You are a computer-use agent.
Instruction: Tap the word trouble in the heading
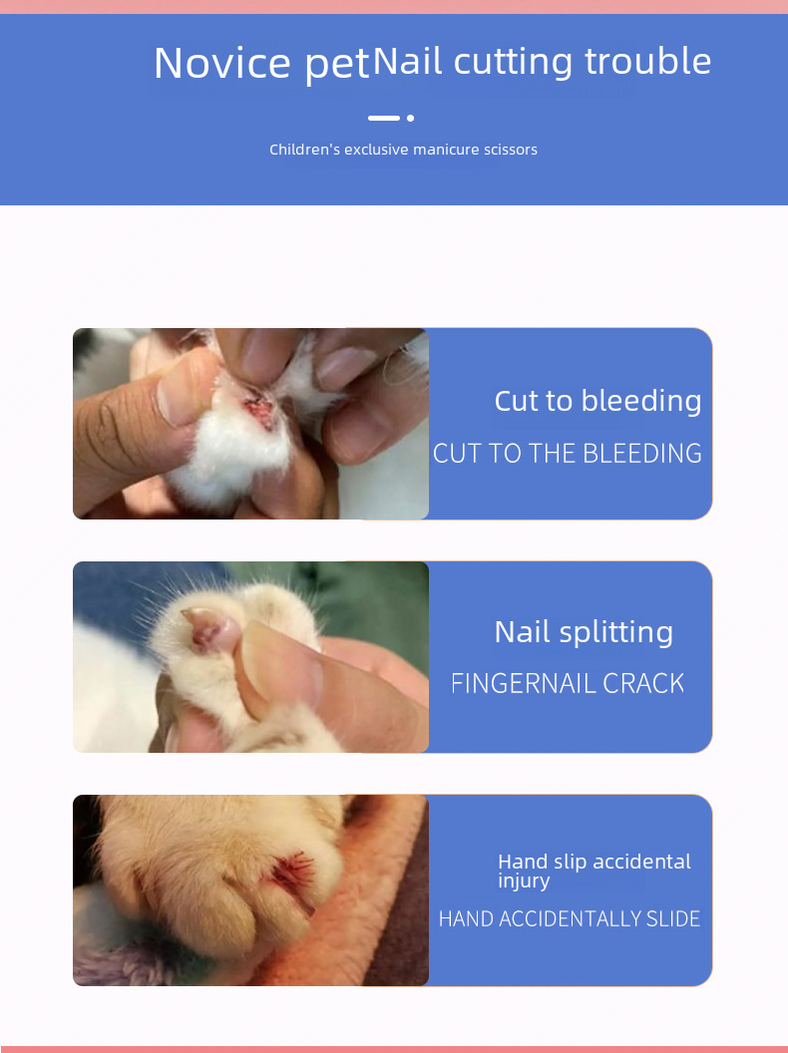click(647, 61)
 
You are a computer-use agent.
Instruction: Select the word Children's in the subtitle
click(304, 150)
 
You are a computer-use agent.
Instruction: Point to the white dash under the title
click(384, 118)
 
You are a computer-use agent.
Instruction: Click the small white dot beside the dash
click(410, 118)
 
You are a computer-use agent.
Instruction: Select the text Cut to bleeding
click(597, 401)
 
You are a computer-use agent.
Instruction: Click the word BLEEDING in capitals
click(642, 454)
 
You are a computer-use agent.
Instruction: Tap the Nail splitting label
click(584, 631)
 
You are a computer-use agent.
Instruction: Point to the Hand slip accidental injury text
click(593, 871)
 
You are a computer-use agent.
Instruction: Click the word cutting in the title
click(514, 61)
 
